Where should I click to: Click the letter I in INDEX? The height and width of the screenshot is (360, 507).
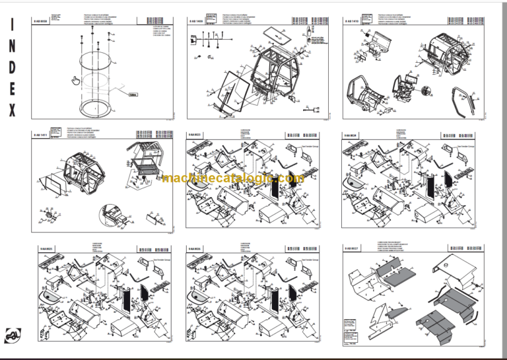click(x=13, y=26)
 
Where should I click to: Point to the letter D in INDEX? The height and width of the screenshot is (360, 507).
click(x=13, y=68)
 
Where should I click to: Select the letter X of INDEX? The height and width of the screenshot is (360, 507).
click(x=13, y=110)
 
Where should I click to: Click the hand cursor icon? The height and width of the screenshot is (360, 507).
click(x=76, y=81)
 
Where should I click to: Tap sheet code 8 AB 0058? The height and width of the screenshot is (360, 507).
click(x=40, y=20)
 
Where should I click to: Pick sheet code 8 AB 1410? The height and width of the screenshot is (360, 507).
click(x=351, y=20)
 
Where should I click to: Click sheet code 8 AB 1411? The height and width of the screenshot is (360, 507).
click(x=40, y=135)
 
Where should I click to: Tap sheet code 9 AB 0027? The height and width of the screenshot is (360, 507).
click(x=353, y=248)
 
